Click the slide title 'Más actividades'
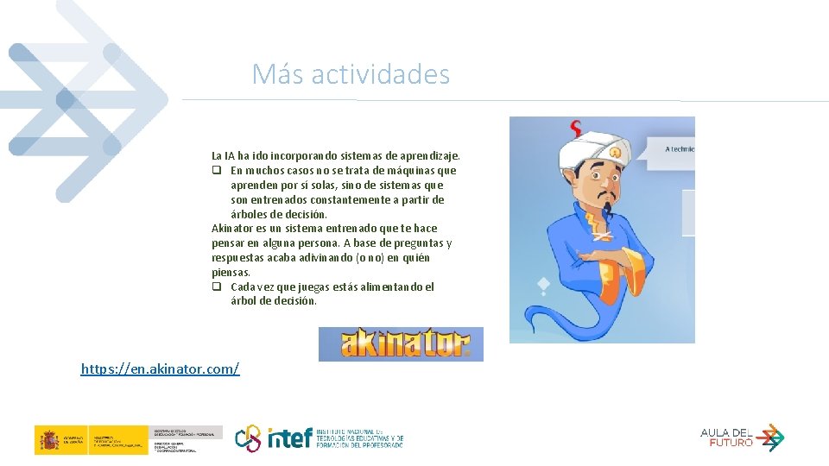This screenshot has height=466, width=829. [351, 74]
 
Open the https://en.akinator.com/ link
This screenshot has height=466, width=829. [160, 369]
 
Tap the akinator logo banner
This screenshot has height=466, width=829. [401, 343]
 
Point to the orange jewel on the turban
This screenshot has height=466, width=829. [615, 152]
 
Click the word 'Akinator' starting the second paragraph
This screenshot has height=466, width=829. [231, 229]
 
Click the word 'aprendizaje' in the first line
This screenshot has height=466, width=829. [429, 156]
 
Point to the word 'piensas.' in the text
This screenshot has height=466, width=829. [231, 273]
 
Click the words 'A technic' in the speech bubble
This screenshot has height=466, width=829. [680, 149]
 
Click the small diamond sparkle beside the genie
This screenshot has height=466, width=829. [542, 283]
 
